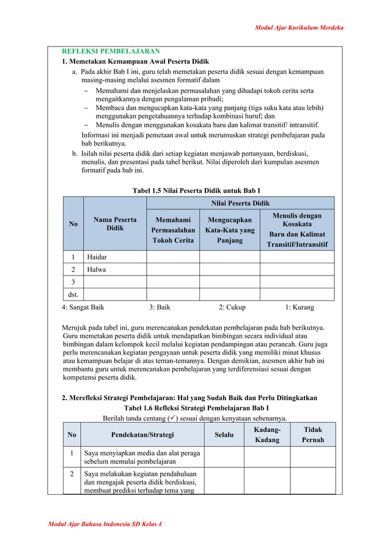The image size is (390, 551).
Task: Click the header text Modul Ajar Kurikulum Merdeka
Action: point(300,28)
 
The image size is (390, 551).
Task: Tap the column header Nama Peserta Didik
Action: point(115,224)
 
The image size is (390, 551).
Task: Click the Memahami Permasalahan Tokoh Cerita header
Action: point(172,230)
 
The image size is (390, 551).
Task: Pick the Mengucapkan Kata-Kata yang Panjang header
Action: point(230,230)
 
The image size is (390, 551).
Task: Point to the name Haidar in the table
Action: point(98,257)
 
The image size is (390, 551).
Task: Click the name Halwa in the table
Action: point(97,269)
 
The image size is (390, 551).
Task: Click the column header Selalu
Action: point(224,435)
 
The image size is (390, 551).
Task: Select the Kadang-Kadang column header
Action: point(267,435)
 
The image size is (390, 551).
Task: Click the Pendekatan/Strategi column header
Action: point(142,435)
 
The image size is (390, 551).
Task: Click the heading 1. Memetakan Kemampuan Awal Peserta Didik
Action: point(136,62)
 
